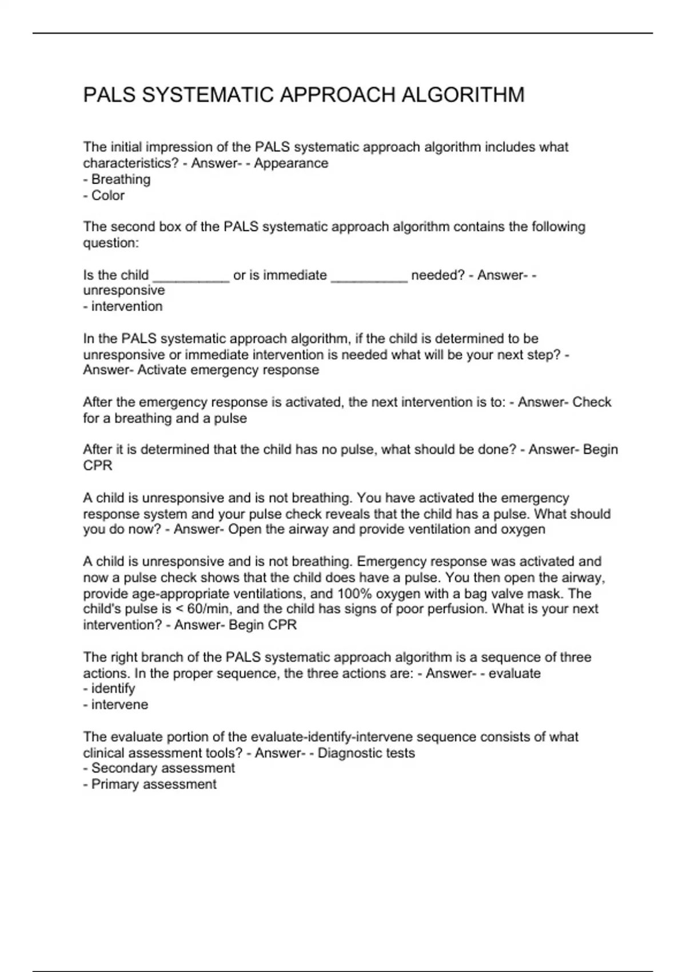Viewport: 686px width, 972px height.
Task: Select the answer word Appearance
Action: pyautogui.click(x=291, y=163)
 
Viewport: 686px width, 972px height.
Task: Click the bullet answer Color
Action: pyautogui.click(x=108, y=196)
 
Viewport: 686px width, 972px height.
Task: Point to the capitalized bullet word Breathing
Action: pyautogui.click(x=121, y=180)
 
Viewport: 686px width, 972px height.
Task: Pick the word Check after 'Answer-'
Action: pyautogui.click(x=592, y=402)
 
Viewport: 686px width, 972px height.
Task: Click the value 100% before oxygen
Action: pyautogui.click(x=355, y=593)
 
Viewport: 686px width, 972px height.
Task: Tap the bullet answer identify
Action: pyautogui.click(x=113, y=689)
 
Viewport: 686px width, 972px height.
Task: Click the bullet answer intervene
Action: pyautogui.click(x=119, y=705)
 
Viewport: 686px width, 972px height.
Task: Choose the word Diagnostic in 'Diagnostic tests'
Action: pyautogui.click(x=348, y=753)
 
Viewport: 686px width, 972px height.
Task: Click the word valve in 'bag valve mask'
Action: pyautogui.click(x=508, y=593)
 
